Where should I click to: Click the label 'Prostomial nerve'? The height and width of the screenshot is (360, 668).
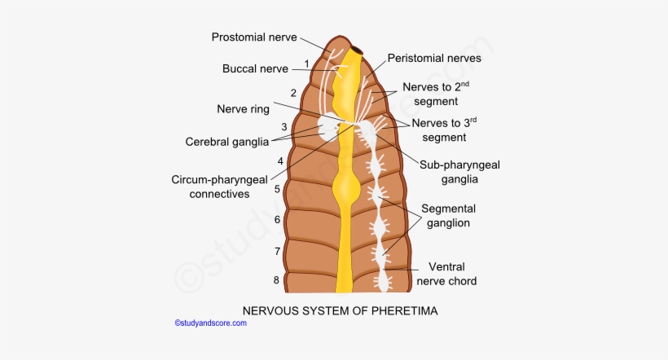(254, 37)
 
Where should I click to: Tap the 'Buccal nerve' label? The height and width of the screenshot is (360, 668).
(256, 69)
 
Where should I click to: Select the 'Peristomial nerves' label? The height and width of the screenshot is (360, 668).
(434, 59)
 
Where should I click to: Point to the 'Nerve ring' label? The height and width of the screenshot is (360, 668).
(244, 108)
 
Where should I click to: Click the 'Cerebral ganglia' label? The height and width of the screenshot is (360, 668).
(227, 142)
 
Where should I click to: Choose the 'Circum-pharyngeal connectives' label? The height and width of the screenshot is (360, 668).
(220, 187)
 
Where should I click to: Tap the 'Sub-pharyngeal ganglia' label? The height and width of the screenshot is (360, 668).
(459, 172)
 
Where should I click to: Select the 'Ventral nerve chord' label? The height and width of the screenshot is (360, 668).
(446, 274)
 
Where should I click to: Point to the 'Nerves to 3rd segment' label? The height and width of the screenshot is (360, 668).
(444, 130)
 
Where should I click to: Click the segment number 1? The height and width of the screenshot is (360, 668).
(306, 64)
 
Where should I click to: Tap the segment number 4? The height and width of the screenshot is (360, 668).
(280, 161)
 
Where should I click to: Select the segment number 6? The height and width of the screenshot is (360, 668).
(277, 220)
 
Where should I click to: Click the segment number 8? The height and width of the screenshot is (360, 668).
(276, 281)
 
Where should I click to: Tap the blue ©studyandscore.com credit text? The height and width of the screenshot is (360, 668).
(210, 323)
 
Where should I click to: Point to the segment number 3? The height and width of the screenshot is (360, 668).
(284, 127)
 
